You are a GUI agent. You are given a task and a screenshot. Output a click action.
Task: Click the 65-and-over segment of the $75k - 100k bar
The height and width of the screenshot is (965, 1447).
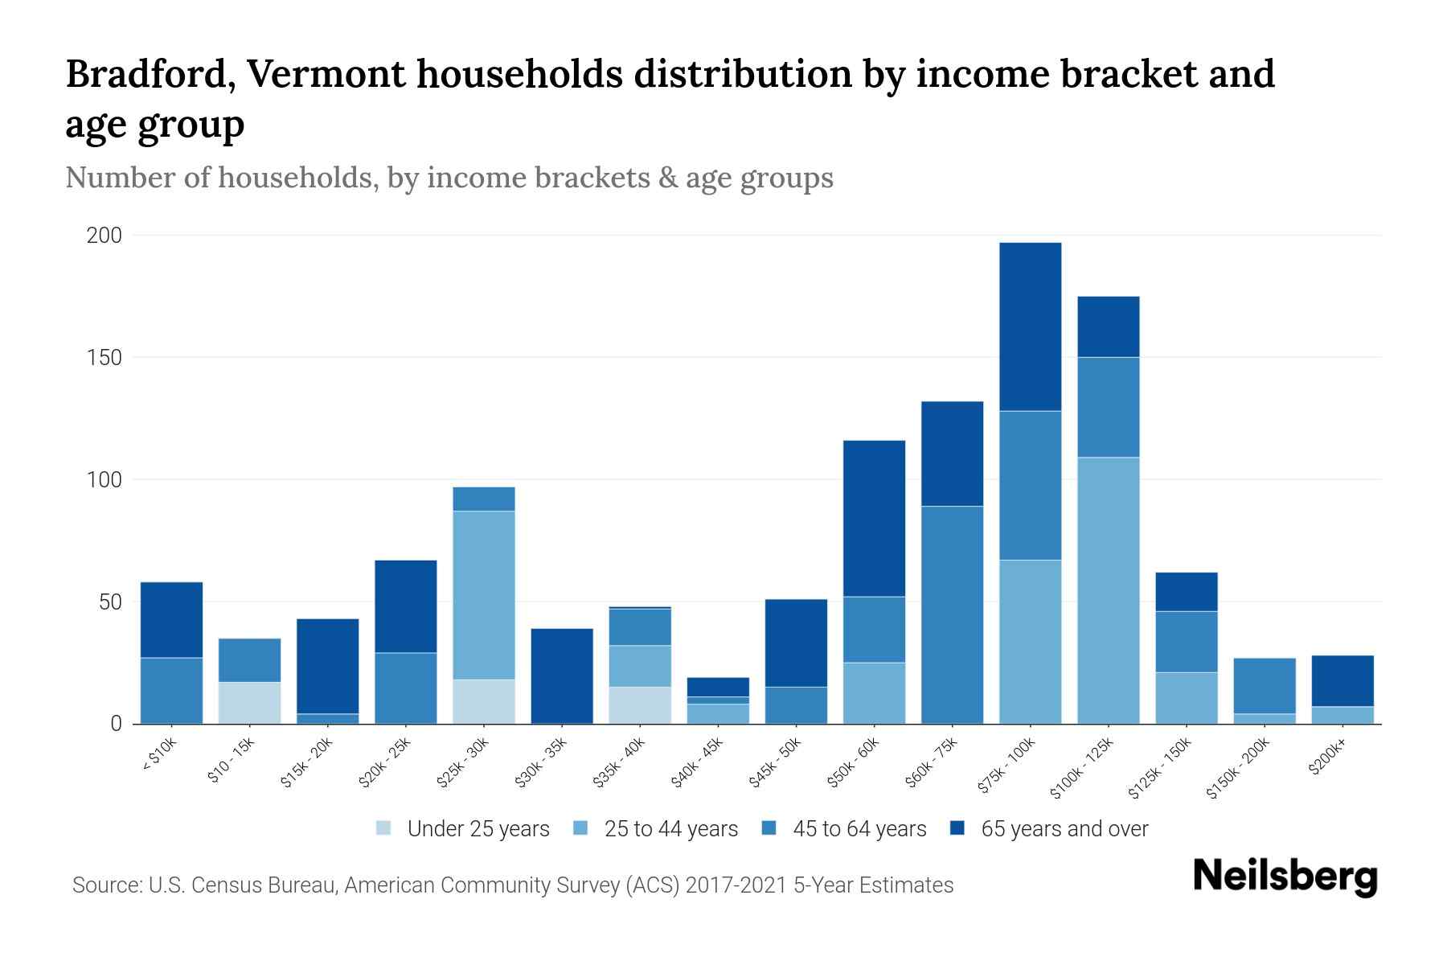[x=1030, y=326]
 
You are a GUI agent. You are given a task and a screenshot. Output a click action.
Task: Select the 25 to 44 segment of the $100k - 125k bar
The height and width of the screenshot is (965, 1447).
[x=1108, y=590]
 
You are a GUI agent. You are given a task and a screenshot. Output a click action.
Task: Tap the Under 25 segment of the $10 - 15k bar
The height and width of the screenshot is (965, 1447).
[x=249, y=703]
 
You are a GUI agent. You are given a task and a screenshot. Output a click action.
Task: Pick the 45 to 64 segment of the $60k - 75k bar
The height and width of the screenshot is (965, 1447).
[x=952, y=614]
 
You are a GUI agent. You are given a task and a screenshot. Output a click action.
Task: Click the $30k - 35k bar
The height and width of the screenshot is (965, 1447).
[x=562, y=675]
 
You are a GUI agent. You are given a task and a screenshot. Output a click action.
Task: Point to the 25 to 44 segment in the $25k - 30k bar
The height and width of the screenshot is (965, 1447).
[x=484, y=595]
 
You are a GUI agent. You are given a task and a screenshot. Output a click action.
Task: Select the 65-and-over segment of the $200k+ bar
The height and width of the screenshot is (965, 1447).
[x=1342, y=680]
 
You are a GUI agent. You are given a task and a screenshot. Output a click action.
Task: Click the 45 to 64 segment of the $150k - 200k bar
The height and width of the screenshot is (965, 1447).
[x=1265, y=685]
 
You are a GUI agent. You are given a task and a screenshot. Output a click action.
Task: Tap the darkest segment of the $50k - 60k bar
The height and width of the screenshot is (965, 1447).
[x=874, y=518]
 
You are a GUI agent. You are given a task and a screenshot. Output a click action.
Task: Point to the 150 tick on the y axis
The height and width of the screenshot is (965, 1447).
[x=105, y=358]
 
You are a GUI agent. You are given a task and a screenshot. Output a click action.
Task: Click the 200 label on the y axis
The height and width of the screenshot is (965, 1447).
[x=105, y=236]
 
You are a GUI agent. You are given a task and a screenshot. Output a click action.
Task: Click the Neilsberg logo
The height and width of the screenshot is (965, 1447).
[x=1285, y=877]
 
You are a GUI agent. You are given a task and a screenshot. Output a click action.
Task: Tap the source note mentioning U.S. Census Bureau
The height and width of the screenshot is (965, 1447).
[x=513, y=885]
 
